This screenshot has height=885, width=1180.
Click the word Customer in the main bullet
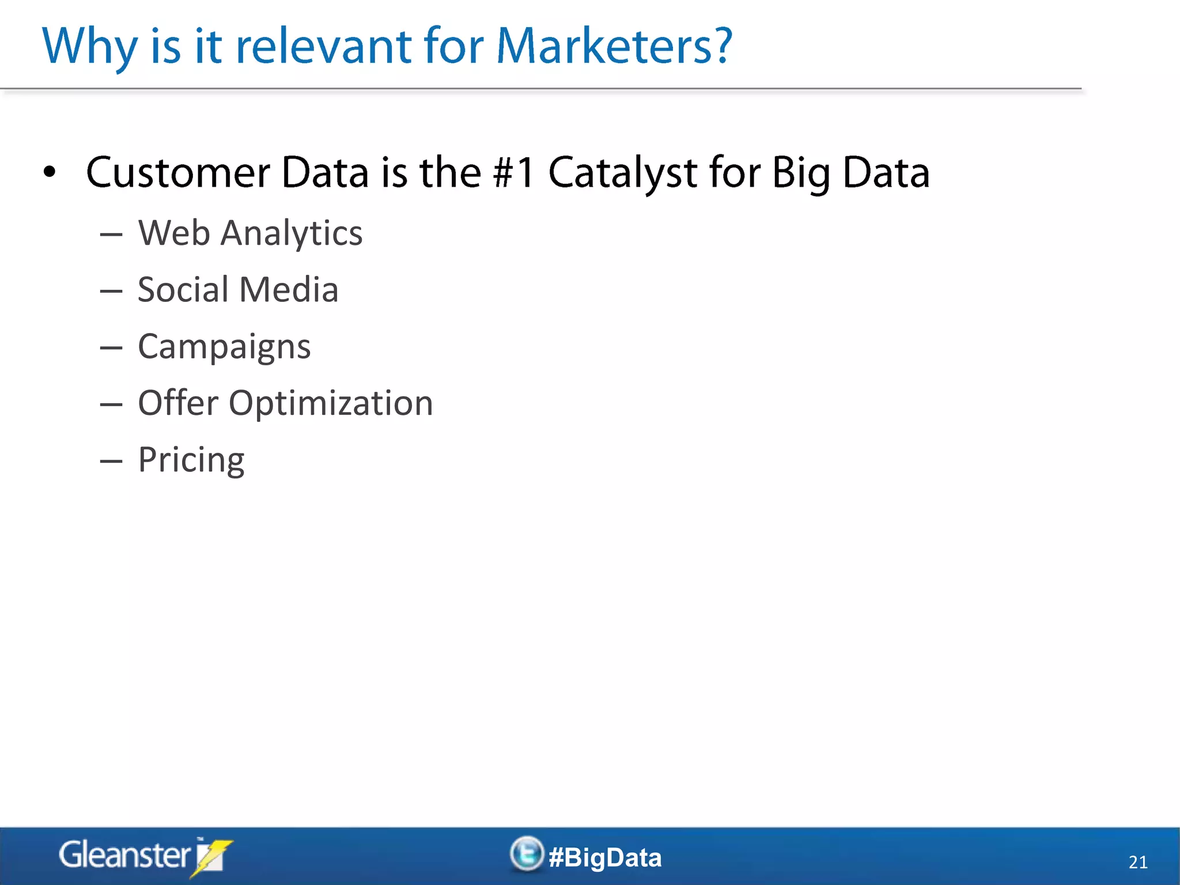coord(178,173)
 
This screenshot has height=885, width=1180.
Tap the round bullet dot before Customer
coord(50,172)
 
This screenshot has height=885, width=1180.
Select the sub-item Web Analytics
coord(250,233)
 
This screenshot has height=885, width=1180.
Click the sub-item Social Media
coord(237,290)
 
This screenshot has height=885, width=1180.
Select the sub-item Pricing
coord(191,460)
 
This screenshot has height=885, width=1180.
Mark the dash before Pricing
coord(111,462)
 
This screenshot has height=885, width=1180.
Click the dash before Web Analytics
coord(111,235)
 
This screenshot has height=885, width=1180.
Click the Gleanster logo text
coord(124,855)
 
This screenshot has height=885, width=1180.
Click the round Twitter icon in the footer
coord(527,853)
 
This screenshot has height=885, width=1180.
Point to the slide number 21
coord(1137,862)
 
